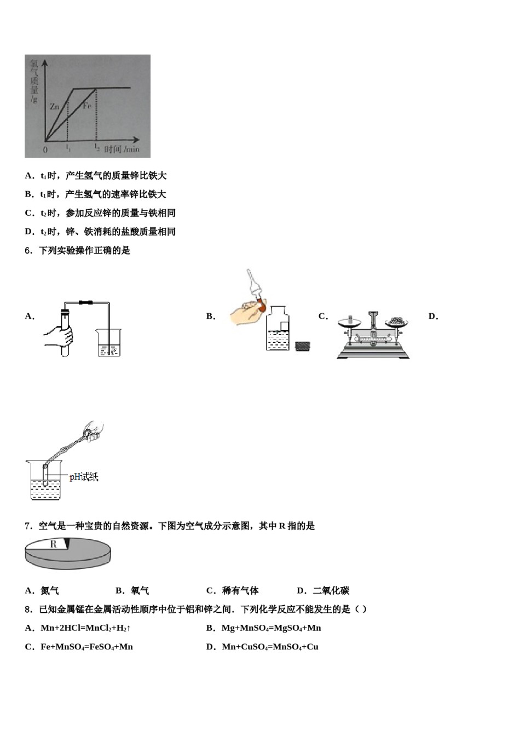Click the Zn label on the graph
point(54,107)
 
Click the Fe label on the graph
point(87,106)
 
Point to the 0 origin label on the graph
point(45,150)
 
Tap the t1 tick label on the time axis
point(68,148)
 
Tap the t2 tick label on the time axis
point(96,148)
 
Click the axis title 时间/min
point(122,149)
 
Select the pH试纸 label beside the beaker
point(84,477)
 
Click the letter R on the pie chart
point(54,544)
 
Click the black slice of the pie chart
point(67,543)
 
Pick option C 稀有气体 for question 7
point(233,590)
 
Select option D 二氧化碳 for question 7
point(323,590)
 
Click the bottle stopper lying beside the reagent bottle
point(303,346)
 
